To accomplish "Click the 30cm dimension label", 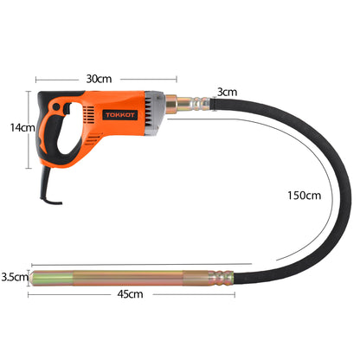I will tap(99, 80).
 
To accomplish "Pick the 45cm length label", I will tap(130, 294).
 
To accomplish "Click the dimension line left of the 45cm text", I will tap(69, 294).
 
